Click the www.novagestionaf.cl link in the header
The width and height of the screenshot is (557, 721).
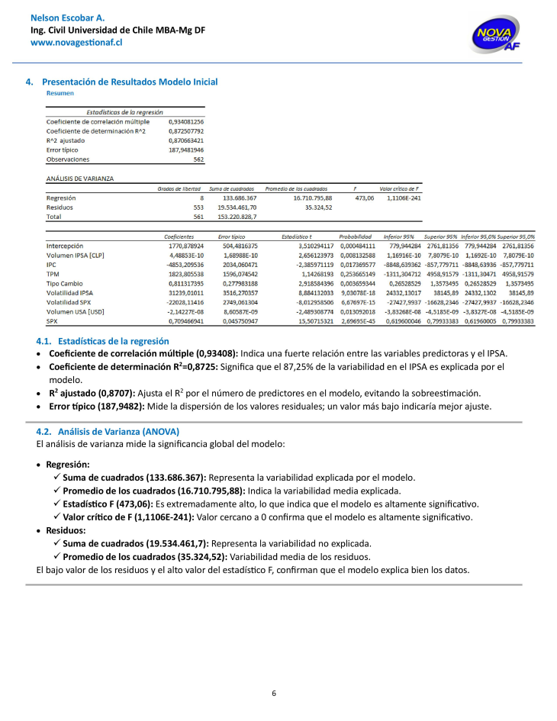click(76, 43)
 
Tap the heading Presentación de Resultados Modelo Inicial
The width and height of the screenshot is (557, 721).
click(130, 82)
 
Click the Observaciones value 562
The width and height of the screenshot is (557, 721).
click(198, 159)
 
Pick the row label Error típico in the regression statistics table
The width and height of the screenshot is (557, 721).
click(63, 150)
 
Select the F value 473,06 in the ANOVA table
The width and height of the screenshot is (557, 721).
click(365, 198)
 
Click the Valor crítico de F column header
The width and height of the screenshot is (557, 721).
click(400, 188)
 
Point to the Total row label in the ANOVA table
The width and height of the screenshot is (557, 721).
click(54, 216)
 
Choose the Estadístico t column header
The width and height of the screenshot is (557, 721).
click(297, 237)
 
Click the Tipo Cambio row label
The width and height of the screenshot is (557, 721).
click(63, 282)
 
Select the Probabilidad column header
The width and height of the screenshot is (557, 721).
click(356, 237)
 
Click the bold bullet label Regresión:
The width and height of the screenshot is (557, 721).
click(68, 464)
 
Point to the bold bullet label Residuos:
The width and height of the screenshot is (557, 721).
click(66, 529)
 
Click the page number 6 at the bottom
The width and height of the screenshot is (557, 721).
click(274, 693)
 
